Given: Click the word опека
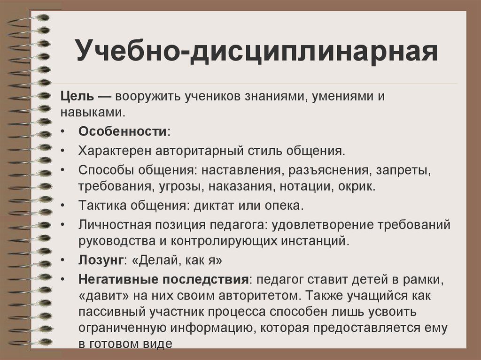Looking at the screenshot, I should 288,205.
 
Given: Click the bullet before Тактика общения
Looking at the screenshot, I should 63,205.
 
